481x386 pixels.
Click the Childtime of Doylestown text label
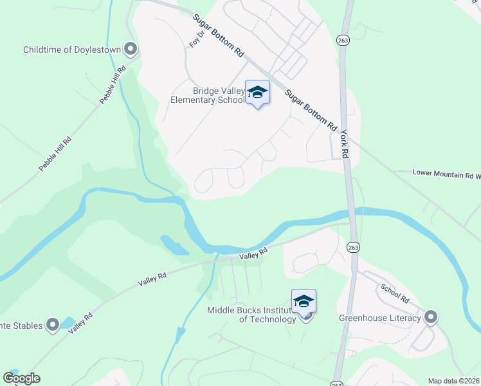tap(72, 50)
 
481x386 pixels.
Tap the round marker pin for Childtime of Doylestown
tap(131, 49)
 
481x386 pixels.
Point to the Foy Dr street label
tap(195, 38)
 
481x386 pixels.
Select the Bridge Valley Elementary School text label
tap(208, 95)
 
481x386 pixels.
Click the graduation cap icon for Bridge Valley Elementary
tap(257, 93)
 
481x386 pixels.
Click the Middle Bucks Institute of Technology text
tap(251, 315)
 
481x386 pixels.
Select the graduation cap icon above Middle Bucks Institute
tap(304, 300)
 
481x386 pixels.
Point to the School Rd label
tap(394, 293)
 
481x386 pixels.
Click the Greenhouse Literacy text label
tap(379, 318)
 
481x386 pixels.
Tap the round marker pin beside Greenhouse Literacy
tap(430, 317)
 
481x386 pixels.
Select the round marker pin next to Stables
tap(53, 326)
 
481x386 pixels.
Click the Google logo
tap(21, 378)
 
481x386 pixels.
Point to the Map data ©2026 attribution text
tap(453, 381)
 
